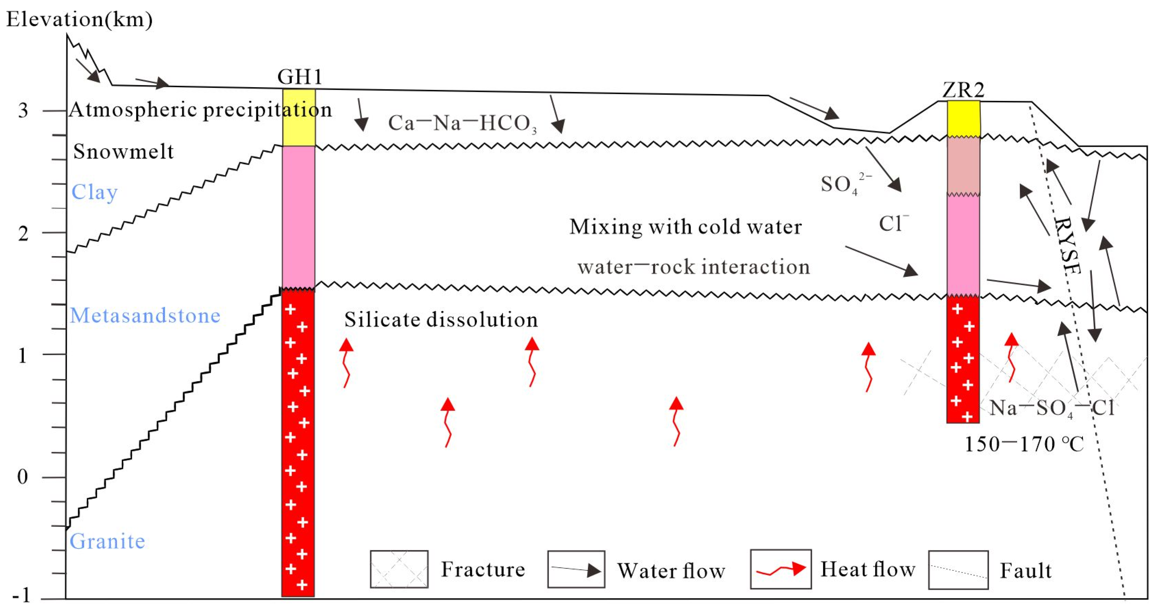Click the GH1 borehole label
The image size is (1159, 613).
[x=300, y=77]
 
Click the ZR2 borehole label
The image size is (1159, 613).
[x=963, y=90]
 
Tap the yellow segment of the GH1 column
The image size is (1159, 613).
[x=299, y=117]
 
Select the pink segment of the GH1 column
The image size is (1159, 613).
[x=299, y=216]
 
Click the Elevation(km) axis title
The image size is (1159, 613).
[x=79, y=19]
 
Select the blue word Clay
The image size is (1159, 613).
[x=95, y=192]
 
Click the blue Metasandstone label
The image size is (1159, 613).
[x=145, y=315]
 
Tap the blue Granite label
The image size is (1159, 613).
[x=107, y=541]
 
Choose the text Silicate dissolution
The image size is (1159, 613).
[x=441, y=320]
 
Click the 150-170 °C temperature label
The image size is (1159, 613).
[x=1024, y=445]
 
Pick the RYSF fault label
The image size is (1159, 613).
[x=1067, y=246]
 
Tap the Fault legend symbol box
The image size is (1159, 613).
[x=958, y=570]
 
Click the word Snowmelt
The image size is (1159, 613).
[x=123, y=151]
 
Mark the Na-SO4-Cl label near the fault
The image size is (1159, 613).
[x=1051, y=408]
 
